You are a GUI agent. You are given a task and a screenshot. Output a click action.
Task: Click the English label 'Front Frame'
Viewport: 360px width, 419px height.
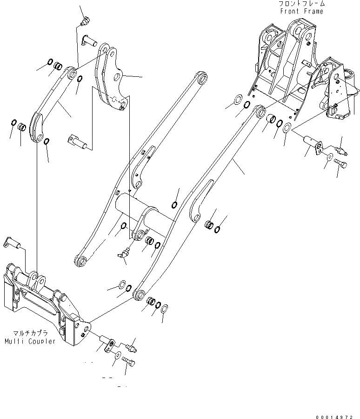301,11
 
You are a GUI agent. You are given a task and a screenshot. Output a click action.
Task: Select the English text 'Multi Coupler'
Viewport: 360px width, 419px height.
30,341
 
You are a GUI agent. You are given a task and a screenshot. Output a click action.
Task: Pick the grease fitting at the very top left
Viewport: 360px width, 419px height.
85,21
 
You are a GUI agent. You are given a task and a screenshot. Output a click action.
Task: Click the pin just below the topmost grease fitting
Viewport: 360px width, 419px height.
90,41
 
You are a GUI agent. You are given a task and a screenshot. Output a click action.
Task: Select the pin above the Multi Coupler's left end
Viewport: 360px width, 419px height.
16,242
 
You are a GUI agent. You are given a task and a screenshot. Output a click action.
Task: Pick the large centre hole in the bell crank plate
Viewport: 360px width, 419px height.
119,75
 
